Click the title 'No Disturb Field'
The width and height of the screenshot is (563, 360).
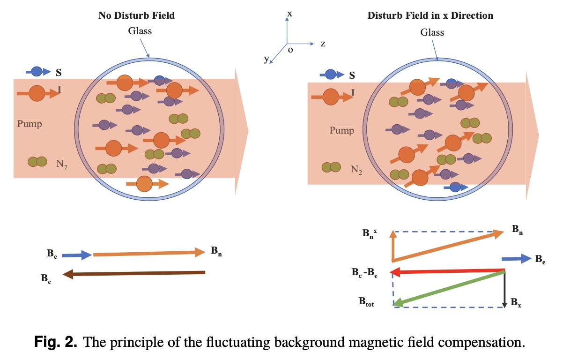click(136, 15)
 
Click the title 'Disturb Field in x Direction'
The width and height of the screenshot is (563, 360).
click(430, 15)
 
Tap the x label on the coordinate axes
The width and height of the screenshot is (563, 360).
click(289, 14)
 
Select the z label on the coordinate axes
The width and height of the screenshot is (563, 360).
click(323, 44)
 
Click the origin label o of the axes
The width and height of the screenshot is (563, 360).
click(290, 50)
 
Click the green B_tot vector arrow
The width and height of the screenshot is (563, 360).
click(449, 288)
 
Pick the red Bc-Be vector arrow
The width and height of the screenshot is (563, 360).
click(447, 270)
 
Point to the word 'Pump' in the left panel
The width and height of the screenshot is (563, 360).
click(30, 124)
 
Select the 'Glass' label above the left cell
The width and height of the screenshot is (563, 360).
click(140, 31)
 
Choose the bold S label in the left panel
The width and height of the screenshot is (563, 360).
click(59, 73)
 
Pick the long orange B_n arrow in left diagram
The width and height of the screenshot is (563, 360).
click(149, 254)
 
